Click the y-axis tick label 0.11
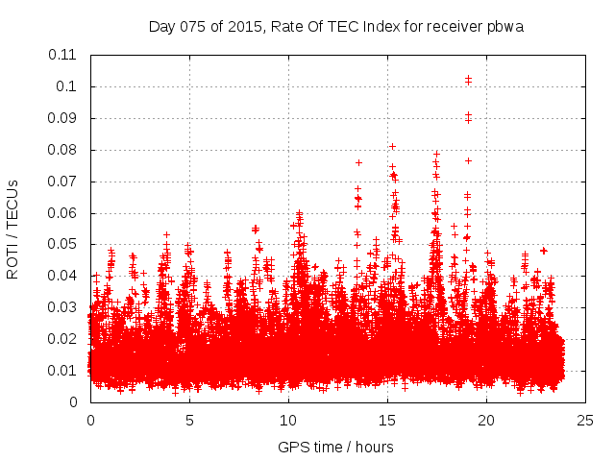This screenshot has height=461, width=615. [63, 55]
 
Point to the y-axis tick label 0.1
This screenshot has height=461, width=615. [67, 86]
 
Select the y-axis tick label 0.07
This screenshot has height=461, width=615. [63, 181]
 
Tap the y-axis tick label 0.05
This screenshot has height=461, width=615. [63, 244]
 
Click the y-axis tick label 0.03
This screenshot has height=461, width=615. [63, 307]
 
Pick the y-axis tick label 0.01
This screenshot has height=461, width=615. [63, 371]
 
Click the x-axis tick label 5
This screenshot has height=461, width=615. [189, 421]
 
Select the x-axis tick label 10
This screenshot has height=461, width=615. [288, 421]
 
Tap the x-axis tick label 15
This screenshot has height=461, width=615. [387, 421]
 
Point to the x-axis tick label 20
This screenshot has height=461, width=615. [487, 421]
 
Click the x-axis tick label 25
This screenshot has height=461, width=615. [586, 421]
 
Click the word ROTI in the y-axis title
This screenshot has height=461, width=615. [13, 259]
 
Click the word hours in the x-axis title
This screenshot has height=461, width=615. [373, 447]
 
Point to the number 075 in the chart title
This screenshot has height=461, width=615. [192, 26]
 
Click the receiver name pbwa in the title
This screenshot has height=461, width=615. [505, 26]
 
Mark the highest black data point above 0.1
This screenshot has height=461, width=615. [468, 78]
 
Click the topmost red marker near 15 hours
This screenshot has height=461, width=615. [392, 146]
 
